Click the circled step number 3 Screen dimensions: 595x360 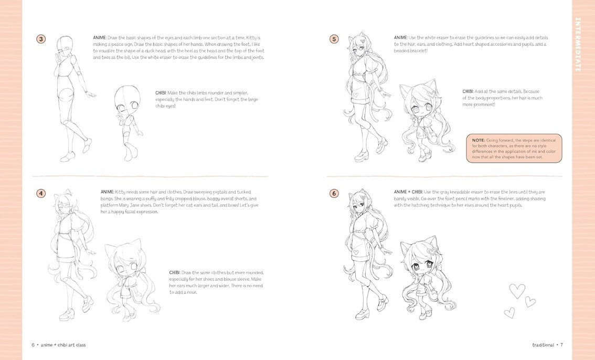point(41,39)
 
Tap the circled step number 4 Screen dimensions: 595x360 point(41,194)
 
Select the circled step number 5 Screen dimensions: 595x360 point(334,39)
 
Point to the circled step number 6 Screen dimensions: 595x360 point(334,194)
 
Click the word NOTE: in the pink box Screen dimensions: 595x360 point(479,140)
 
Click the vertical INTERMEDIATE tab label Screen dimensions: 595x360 point(578,45)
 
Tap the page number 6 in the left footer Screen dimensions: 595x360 point(33,345)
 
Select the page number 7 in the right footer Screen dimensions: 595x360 point(561,345)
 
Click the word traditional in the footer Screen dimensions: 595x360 point(543,345)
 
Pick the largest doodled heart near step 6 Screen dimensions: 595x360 point(516,291)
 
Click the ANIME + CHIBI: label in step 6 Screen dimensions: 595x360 point(408,192)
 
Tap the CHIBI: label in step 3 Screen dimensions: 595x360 point(161,93)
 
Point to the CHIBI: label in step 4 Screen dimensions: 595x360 point(175,273)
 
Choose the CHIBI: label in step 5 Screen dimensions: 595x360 point(468,91)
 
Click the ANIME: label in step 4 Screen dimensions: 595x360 point(108,192)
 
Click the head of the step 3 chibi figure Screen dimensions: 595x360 point(127,99)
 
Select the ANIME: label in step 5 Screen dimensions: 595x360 point(401,38)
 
